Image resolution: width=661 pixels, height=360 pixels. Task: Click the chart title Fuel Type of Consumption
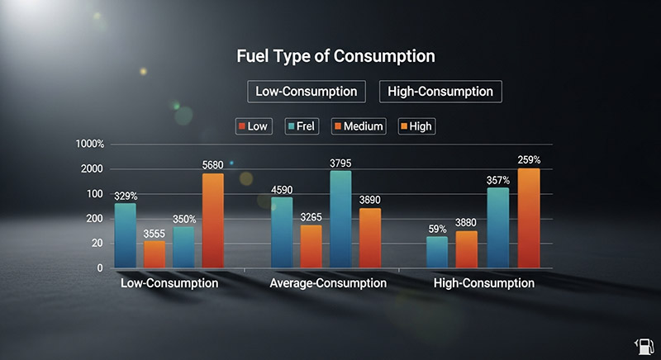pyautogui.click(x=335, y=57)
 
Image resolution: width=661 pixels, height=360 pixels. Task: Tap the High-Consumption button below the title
pyautogui.click(x=440, y=91)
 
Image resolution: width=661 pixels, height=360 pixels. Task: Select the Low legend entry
pyautogui.click(x=253, y=126)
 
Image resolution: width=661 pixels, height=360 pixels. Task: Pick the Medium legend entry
pyautogui.click(x=359, y=126)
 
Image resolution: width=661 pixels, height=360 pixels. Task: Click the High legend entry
pyautogui.click(x=417, y=126)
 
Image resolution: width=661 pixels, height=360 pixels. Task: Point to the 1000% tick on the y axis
pyautogui.click(x=89, y=144)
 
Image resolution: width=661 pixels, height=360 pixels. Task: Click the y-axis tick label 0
pyautogui.click(x=100, y=268)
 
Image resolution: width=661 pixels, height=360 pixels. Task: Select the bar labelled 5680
pyautogui.click(x=212, y=220)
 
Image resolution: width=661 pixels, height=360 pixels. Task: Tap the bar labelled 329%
pyautogui.click(x=126, y=235)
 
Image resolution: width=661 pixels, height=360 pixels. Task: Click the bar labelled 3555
pyautogui.click(x=155, y=253)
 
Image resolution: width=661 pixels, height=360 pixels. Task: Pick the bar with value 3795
pyautogui.click(x=340, y=219)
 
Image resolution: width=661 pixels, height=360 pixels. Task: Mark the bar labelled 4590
pyautogui.click(x=282, y=232)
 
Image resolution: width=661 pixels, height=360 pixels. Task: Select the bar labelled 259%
pyautogui.click(x=528, y=218)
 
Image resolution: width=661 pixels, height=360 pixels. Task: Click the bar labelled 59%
pyautogui.click(x=437, y=252)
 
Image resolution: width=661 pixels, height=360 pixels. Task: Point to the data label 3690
pyautogui.click(x=369, y=200)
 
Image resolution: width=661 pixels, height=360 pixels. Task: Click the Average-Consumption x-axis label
pyautogui.click(x=328, y=283)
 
